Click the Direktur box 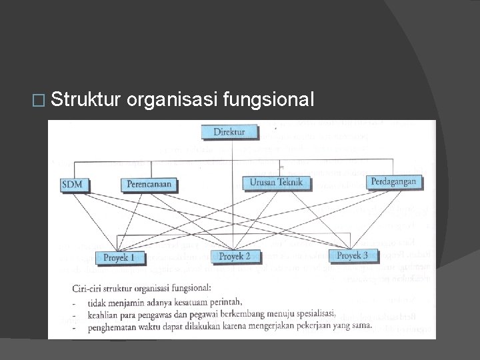point(229,132)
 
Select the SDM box point(75,184)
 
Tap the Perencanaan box point(149,184)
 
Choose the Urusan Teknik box point(276,181)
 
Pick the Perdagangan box point(393,181)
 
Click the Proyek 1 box point(119,257)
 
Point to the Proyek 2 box point(235,256)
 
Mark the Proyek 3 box point(352,255)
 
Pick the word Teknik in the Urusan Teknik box point(291,181)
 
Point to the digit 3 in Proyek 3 point(365,255)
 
